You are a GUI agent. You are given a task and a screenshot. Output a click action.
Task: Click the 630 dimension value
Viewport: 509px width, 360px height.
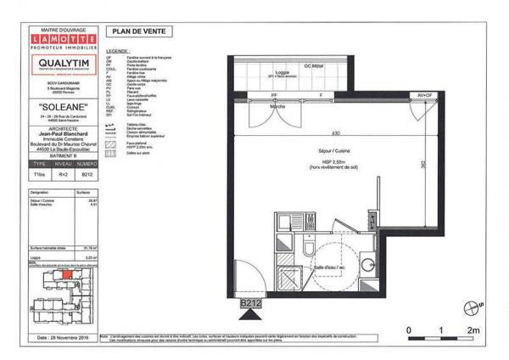click(x=336, y=134)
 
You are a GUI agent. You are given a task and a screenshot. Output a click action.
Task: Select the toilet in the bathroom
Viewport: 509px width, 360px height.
click(x=310, y=249)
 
